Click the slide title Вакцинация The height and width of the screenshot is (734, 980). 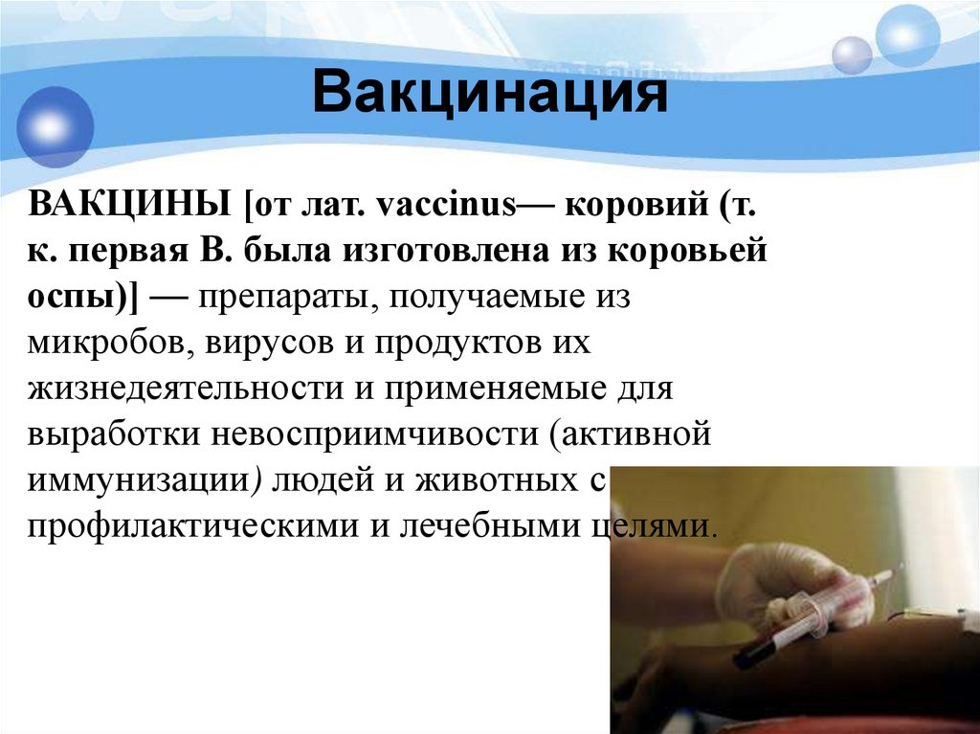pos(490,96)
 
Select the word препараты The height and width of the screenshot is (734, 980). pos(278,297)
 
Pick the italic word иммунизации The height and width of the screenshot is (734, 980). pos(144,480)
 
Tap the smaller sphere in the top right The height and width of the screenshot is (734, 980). pos(851,55)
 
